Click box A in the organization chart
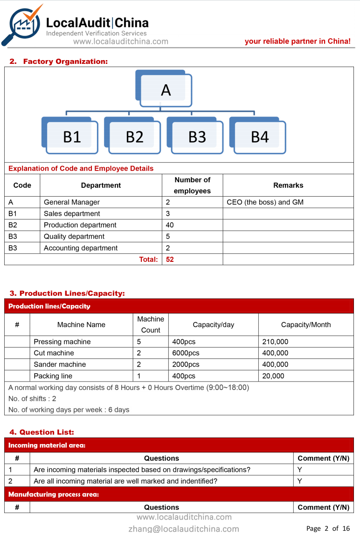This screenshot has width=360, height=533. [x=166, y=89]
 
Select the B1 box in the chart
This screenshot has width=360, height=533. [x=72, y=137]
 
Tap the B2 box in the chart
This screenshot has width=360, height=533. [x=134, y=137]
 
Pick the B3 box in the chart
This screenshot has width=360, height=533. [x=197, y=137]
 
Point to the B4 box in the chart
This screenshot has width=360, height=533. [x=260, y=137]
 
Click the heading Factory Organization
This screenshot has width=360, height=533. [x=65, y=61]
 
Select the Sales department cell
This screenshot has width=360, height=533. [x=72, y=214]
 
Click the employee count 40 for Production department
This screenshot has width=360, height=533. [x=170, y=225]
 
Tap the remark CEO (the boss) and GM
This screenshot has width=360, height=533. [x=265, y=202]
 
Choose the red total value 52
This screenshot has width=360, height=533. [x=170, y=260]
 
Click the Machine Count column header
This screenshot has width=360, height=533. [x=151, y=325]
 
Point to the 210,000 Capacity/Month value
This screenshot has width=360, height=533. [x=275, y=342]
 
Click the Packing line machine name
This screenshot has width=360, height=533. [x=53, y=376]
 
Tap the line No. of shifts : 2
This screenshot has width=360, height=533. [x=32, y=399]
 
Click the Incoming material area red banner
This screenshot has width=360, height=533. [x=179, y=445]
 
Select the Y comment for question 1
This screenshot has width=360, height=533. [x=299, y=470]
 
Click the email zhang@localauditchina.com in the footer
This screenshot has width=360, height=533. [x=184, y=528]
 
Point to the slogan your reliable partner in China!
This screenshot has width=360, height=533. [x=298, y=41]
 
